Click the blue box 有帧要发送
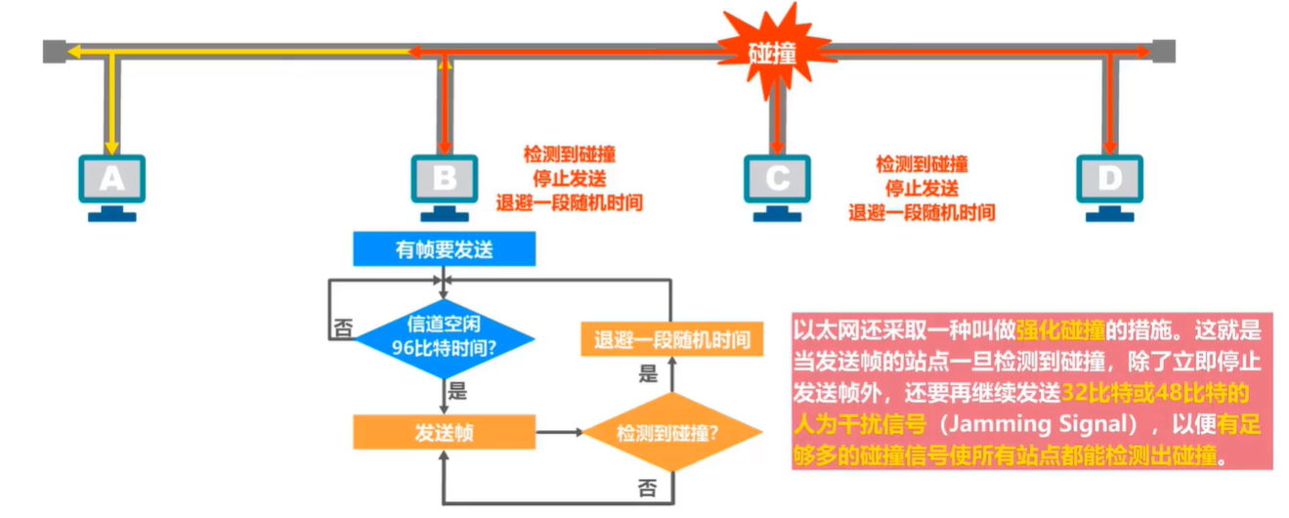click(444, 249)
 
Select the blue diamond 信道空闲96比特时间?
click(444, 337)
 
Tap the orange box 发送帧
click(444, 431)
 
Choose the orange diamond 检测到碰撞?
click(671, 432)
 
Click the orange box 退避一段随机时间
click(671, 341)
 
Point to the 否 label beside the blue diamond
click(343, 329)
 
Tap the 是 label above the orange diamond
click(647, 373)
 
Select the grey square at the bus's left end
click(54, 50)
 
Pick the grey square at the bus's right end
click(1162, 50)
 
